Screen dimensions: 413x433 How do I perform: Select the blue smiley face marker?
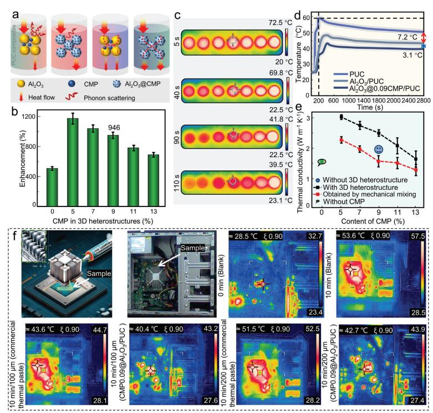[378, 150]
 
